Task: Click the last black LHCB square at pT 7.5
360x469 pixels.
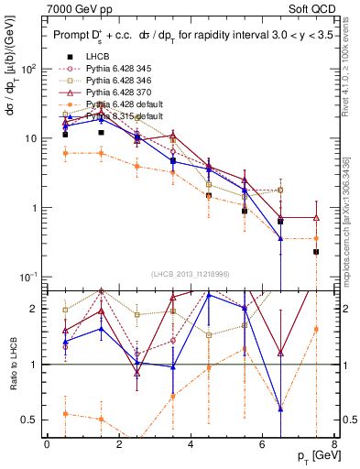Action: [316, 251]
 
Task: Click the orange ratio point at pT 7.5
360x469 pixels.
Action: [316, 329]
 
